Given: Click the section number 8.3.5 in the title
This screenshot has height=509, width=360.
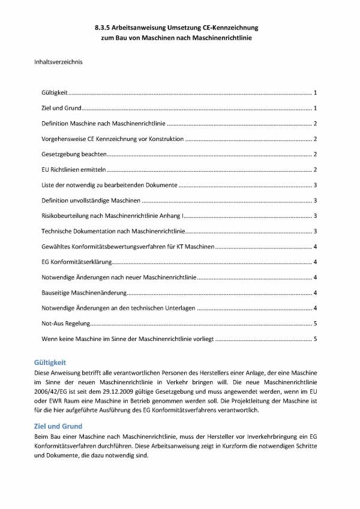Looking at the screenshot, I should pos(103,28).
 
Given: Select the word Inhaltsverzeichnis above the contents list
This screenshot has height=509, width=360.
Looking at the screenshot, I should pos(59,61).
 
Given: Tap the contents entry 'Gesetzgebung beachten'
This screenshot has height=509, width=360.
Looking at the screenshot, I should pos(71,154).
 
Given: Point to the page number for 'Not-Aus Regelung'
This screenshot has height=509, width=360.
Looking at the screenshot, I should pos(315,324).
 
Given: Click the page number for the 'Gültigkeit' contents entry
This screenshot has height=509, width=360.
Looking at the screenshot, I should pos(315,93).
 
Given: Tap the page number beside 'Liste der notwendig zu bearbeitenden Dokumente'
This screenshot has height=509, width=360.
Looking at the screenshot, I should pos(315,185).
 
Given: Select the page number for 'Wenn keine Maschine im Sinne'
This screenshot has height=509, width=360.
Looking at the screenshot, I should pos(315,339).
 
